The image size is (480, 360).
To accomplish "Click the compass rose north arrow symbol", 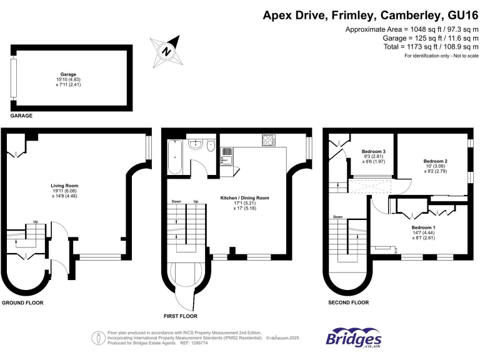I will tap(165, 50).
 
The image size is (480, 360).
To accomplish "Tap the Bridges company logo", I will tap(353, 337).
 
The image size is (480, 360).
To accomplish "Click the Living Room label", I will tap(64, 186).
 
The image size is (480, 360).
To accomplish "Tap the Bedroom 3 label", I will tap(373, 152).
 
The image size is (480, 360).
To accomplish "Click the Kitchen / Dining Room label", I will tap(244, 198).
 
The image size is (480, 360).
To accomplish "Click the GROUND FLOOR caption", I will tap(22, 302).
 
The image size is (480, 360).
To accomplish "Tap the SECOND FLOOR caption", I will tap(348, 302).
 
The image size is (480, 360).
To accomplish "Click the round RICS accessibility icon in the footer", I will tap(98, 338).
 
